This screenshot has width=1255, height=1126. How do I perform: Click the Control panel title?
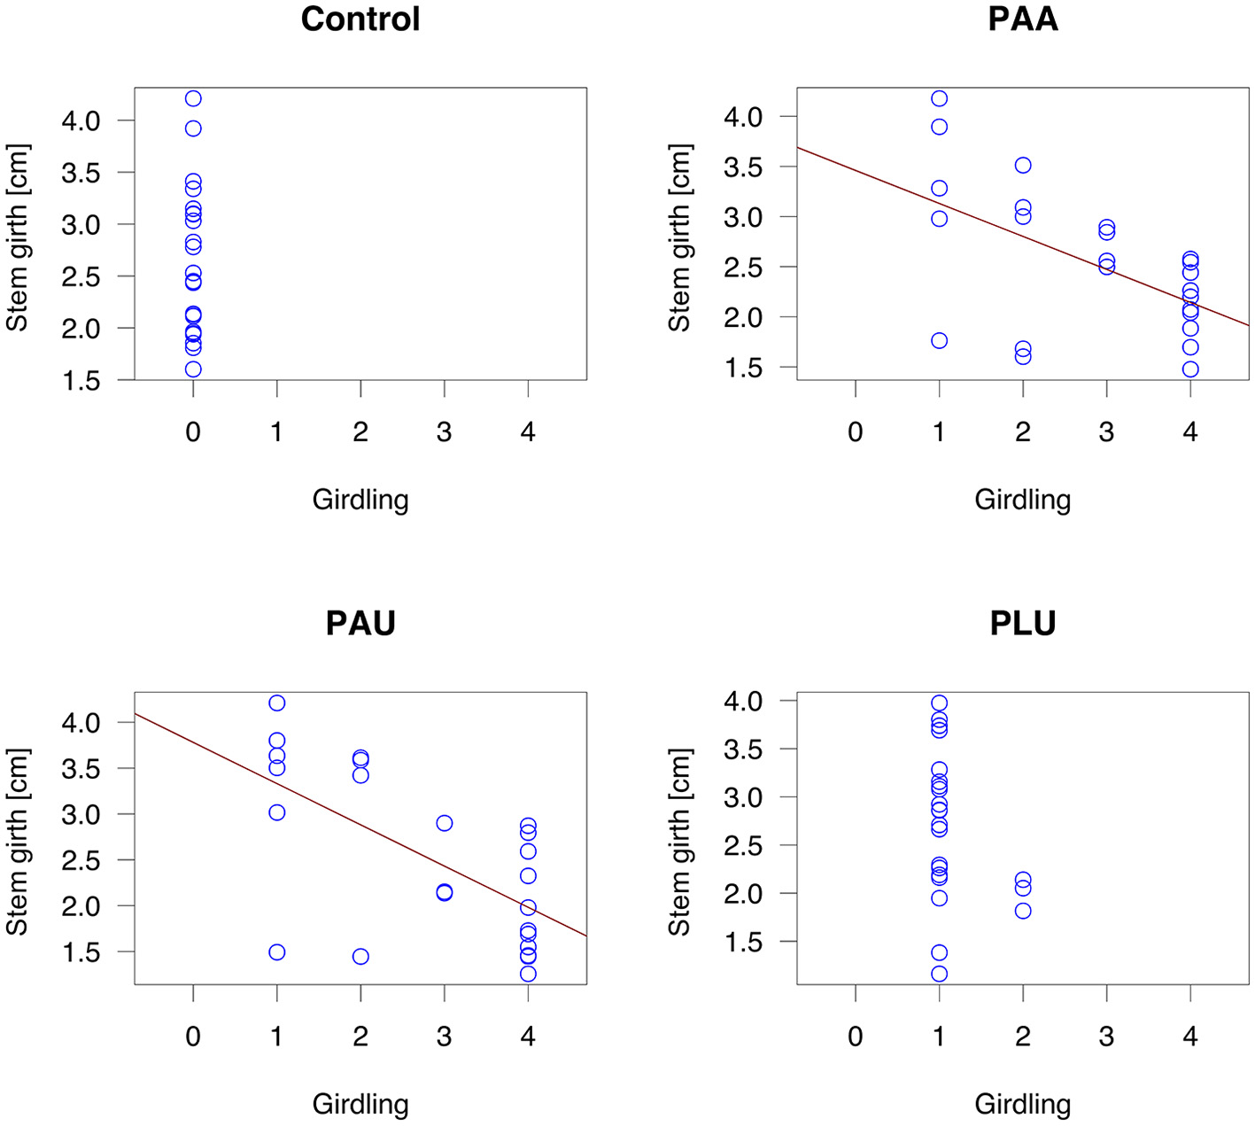tap(360, 19)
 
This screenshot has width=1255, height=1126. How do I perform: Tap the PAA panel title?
tap(1022, 19)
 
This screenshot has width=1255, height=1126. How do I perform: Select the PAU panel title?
tap(360, 624)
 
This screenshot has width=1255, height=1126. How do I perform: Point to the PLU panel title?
tap(1022, 624)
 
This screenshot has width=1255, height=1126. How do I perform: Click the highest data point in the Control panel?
tap(193, 98)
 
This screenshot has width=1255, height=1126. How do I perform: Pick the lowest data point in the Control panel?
tap(193, 369)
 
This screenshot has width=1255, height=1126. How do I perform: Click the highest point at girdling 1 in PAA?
tap(939, 98)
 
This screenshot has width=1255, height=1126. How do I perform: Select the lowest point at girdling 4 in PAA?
tap(1189, 369)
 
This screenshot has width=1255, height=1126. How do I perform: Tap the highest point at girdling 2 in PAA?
tap(1023, 166)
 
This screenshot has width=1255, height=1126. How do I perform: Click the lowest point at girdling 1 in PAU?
tap(277, 952)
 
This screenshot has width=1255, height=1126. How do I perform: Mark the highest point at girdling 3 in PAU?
tap(445, 823)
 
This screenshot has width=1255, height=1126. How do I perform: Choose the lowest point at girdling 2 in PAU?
tap(360, 957)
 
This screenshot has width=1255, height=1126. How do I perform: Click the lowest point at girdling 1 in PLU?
tap(939, 975)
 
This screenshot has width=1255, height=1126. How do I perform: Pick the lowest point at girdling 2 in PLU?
tap(1023, 911)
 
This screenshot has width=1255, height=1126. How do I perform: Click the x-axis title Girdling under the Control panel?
tap(360, 501)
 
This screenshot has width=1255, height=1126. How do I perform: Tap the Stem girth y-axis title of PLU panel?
tap(679, 843)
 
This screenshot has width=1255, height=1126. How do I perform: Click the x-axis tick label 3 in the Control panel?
tap(445, 432)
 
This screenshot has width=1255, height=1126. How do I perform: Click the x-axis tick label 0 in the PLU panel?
tap(856, 1037)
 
